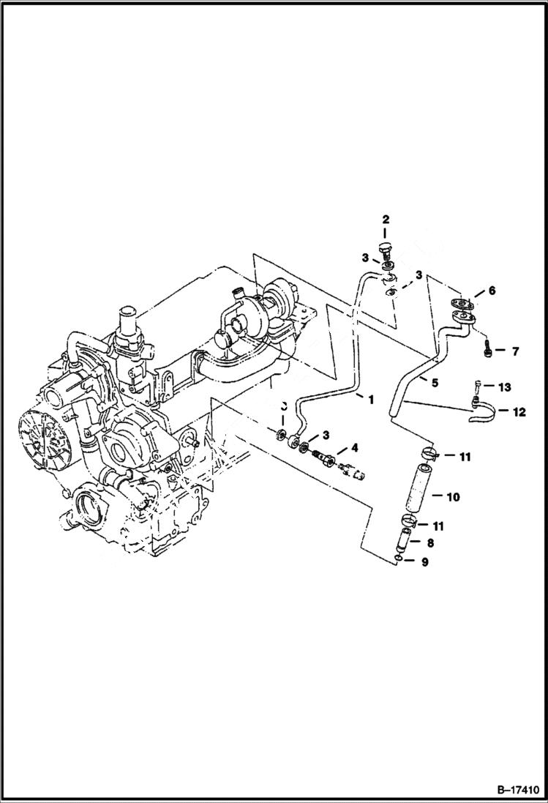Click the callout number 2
pos(386,220)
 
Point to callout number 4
pos(355,448)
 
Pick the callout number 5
pos(434,382)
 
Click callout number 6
pos(492,291)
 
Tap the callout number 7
pos(515,352)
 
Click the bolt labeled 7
pos(488,350)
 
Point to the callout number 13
pos(505,386)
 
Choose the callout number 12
pos(519,413)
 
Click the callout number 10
pos(453,497)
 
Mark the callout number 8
pos(429,543)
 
